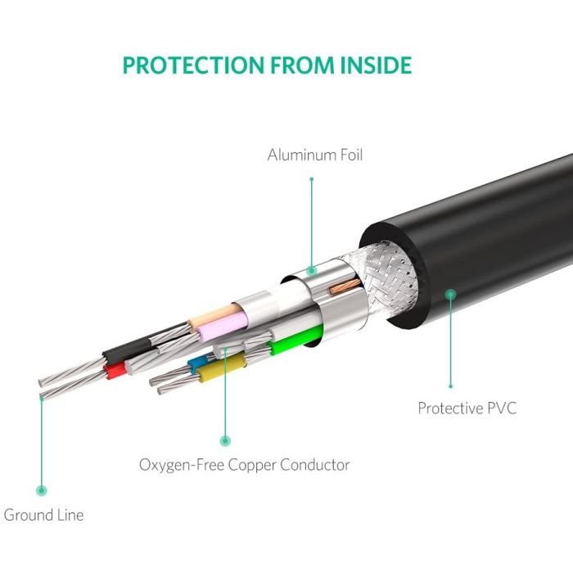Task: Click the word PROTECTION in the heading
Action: pos(193,65)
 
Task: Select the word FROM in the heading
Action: pos(302,65)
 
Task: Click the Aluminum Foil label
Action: pos(315,155)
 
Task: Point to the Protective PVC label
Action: pos(467,408)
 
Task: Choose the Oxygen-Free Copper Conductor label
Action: pos(244,465)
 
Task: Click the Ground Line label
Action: pos(43,515)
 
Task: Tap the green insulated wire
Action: pos(296,341)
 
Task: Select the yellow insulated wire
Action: pos(221,368)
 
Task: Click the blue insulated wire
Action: pos(197,363)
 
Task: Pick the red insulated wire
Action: pos(115,370)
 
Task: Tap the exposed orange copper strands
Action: pos(345,286)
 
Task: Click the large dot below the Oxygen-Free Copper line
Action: pos(225,440)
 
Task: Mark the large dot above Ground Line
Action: pos(42,490)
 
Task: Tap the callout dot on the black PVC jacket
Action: pos(451,294)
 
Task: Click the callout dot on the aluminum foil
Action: pos(311,271)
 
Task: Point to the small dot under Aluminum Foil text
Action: pos(311,179)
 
